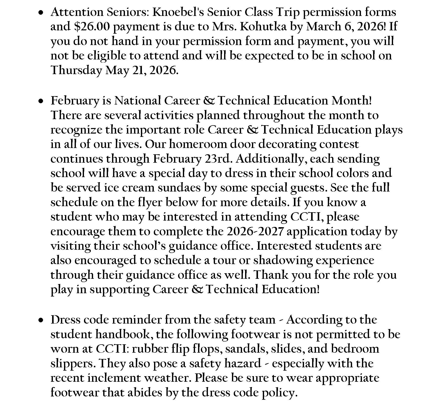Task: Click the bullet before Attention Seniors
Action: (41, 13)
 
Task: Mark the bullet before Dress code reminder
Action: (41, 320)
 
